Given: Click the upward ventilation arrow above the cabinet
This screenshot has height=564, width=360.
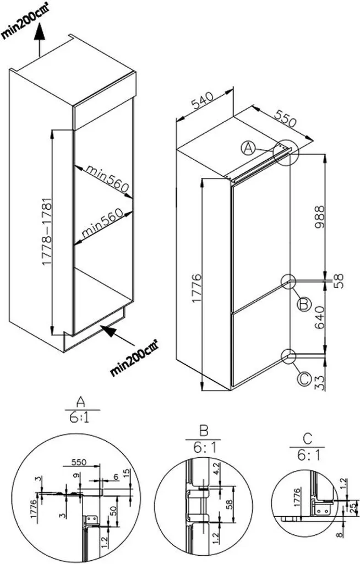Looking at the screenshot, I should pyautogui.click(x=39, y=37).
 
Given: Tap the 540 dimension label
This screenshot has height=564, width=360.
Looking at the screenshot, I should pyautogui.click(x=203, y=102).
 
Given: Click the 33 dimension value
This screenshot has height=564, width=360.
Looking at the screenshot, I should pyautogui.click(x=320, y=381).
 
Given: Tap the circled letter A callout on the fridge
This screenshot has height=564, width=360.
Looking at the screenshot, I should pyautogui.click(x=249, y=147).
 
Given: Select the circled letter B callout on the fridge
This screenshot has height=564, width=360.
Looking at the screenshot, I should pyautogui.click(x=303, y=304).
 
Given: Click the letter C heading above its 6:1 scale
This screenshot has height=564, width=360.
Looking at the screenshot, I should pyautogui.click(x=307, y=439).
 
